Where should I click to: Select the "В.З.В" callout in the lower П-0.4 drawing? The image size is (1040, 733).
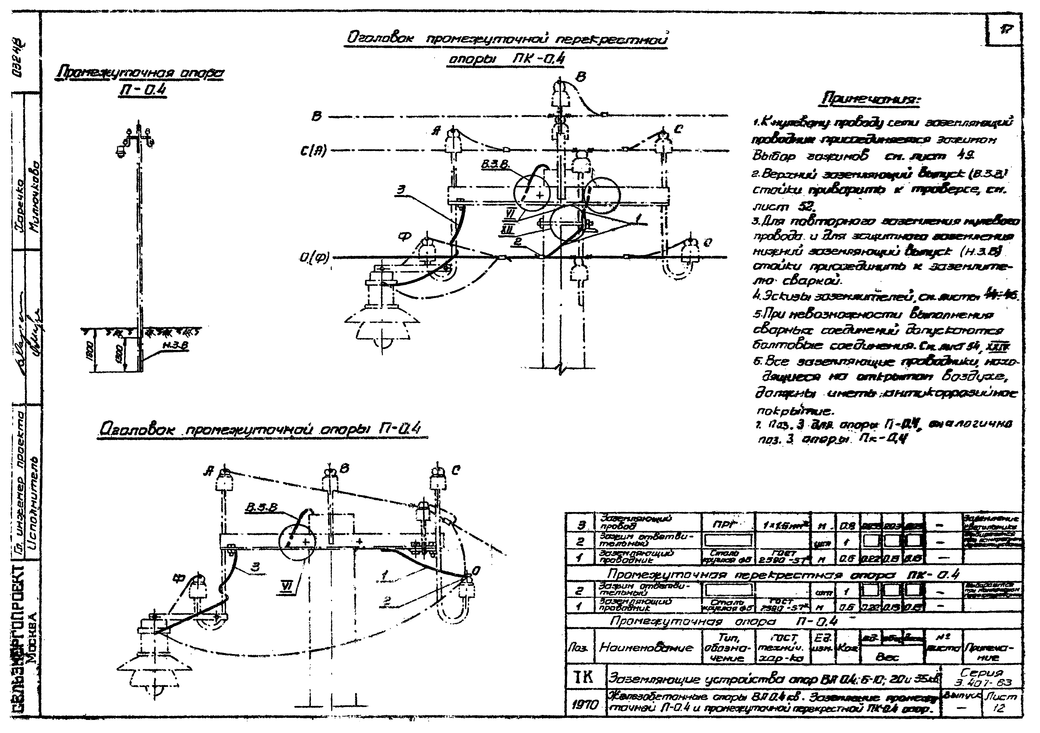[x=261, y=509]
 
